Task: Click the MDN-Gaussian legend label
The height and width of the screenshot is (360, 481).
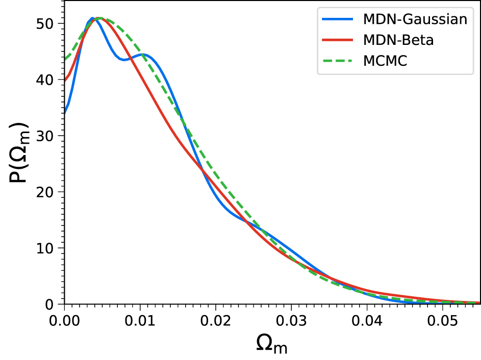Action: click(415, 20)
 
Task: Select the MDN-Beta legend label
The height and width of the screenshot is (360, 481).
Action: click(398, 40)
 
